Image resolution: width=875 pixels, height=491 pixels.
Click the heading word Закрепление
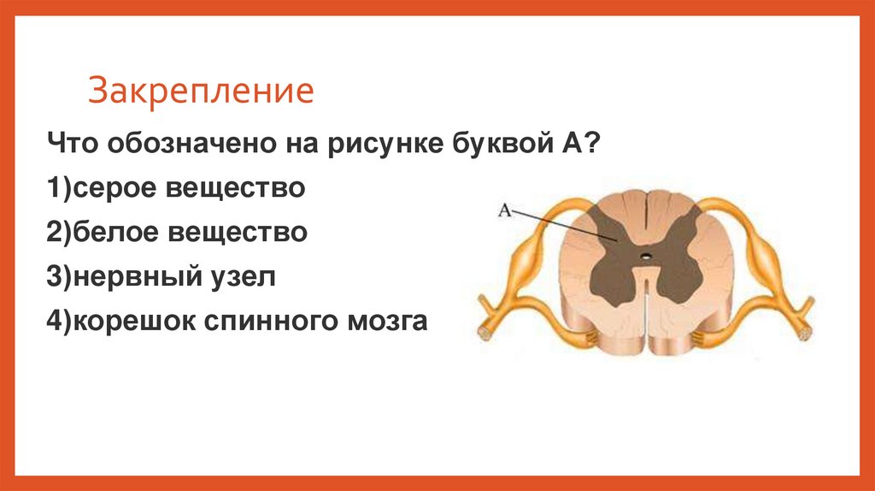(x=201, y=92)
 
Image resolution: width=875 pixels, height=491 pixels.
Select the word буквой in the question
(x=490, y=142)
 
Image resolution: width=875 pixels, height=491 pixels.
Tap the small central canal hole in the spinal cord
(x=647, y=255)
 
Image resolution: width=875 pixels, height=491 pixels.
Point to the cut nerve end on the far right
(x=807, y=328)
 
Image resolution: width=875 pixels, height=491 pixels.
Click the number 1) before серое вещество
(x=59, y=187)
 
